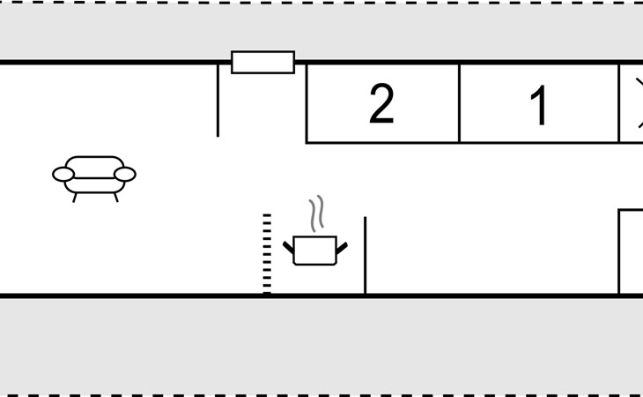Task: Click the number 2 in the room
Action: [381, 103]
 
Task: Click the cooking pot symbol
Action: [315, 250]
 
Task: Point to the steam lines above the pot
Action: [316, 213]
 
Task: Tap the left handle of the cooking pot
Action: [288, 247]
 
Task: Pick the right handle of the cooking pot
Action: [342, 248]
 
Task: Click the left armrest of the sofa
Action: [63, 174]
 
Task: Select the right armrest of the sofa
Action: [125, 174]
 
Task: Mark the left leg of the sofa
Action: [75, 198]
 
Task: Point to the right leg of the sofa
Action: [116, 198]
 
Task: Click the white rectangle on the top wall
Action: [262, 63]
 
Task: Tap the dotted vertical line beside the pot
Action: [267, 254]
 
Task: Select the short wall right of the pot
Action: [366, 255]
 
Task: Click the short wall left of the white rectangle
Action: [218, 101]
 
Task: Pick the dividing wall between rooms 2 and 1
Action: [459, 103]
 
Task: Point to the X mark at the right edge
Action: [639, 102]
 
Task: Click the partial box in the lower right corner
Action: [631, 252]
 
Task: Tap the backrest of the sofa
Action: [94, 163]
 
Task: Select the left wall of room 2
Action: [307, 103]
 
